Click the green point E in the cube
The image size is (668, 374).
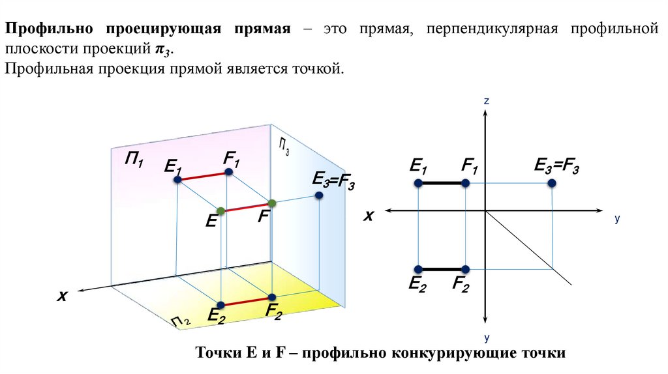[221, 210]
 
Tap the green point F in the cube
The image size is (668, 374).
[272, 203]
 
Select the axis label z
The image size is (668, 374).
[487, 101]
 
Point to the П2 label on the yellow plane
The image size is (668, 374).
[181, 321]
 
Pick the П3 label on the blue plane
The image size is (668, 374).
[284, 147]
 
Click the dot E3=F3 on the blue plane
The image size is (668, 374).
[318, 195]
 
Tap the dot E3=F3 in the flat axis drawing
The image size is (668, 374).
[552, 184]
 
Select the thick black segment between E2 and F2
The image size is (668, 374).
[442, 269]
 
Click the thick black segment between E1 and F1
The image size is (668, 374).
[442, 184]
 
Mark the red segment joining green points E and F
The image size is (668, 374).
[247, 207]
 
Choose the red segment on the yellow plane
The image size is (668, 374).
[246, 302]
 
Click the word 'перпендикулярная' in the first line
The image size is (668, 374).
[495, 30]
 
